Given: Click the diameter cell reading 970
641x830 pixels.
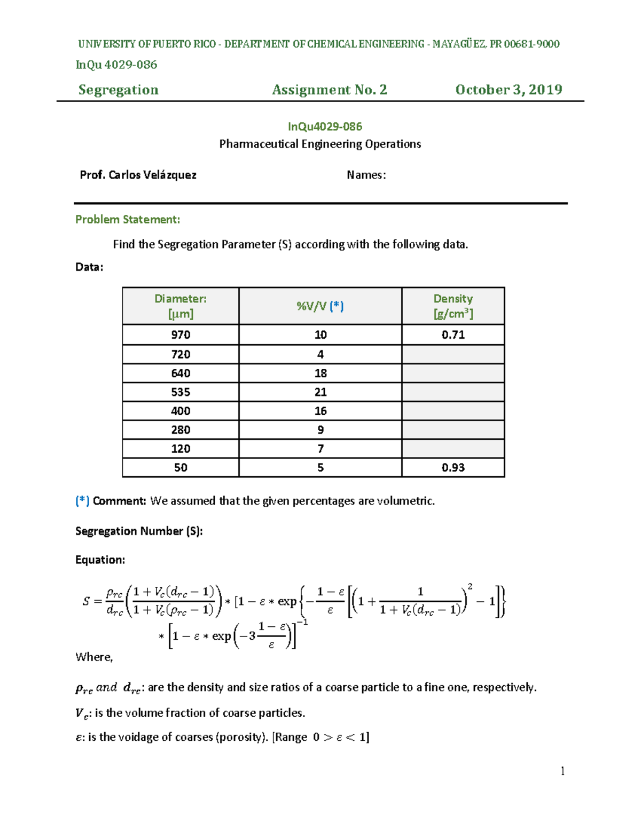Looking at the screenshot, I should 181,335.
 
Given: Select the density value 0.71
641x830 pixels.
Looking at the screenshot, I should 453,335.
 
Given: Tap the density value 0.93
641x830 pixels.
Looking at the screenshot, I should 453,468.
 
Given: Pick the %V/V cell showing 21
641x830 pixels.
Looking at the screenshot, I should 320,392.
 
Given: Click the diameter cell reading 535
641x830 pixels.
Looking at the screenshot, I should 181,392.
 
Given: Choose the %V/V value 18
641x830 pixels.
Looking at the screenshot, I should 320,374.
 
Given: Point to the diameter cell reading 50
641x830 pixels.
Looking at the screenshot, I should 181,468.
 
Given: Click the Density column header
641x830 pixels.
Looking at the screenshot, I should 453,306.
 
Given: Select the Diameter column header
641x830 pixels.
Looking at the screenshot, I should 181,306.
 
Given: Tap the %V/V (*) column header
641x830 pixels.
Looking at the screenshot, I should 320,306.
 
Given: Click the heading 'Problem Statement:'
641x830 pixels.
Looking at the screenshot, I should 128,220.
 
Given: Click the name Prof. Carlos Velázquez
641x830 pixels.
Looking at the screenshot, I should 138,175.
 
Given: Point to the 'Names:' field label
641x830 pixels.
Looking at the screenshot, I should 366,175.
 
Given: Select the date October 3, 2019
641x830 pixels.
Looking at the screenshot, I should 509,90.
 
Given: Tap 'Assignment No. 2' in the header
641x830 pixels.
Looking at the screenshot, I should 330,90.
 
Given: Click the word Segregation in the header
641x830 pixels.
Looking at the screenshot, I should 119,90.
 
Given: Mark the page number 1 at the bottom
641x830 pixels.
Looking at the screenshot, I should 562,771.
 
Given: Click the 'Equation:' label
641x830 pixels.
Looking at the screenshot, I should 100,560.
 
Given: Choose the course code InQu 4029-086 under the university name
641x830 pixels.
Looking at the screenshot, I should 116,65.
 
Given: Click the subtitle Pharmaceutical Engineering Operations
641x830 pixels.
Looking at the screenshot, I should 320,144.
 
